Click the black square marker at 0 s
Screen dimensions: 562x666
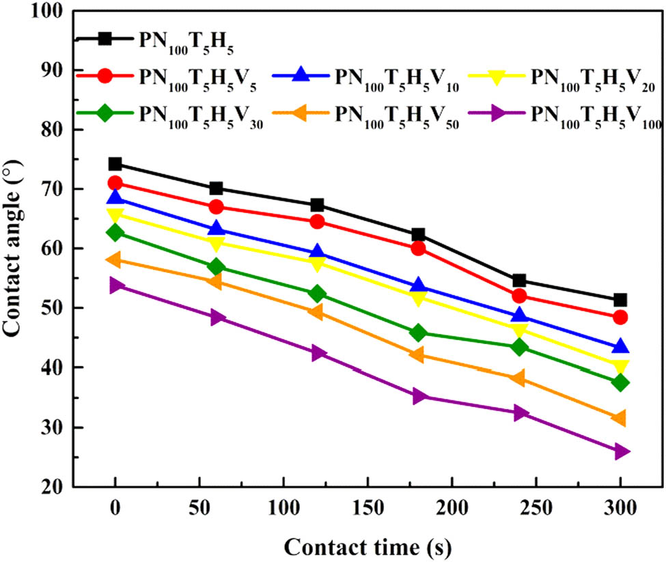115,164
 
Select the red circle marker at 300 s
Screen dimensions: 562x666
620,317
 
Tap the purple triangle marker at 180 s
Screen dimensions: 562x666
419,396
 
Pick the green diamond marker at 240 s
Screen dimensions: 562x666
519,347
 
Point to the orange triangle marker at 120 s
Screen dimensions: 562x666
316,312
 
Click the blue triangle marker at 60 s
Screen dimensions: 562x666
216,228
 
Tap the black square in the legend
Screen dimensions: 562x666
105,39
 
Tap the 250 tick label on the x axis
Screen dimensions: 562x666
536,509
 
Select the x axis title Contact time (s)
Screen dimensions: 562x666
367,547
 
